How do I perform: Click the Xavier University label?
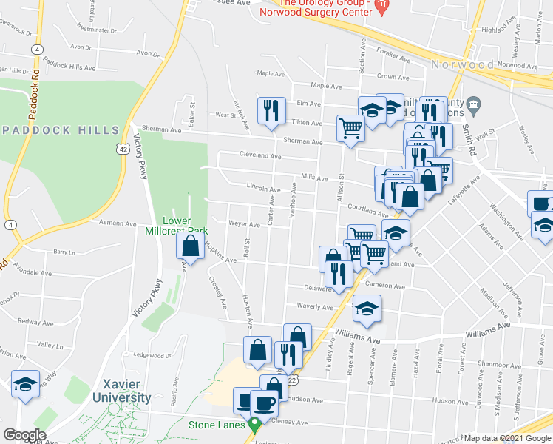(x=121, y=391)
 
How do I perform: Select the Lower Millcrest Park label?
(x=177, y=226)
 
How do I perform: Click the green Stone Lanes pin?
(x=256, y=425)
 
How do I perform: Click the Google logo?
(x=24, y=435)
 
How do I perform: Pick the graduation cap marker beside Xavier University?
(x=26, y=384)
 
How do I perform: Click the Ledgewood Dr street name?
(x=155, y=356)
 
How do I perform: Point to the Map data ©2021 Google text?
(x=506, y=438)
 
